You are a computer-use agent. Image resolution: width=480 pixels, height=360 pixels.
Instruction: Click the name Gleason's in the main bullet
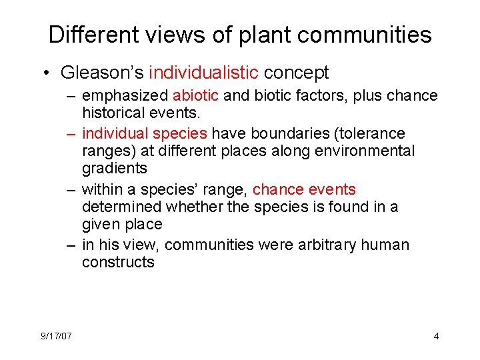point(102,72)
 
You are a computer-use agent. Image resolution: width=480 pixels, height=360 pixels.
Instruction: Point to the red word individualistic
point(203,72)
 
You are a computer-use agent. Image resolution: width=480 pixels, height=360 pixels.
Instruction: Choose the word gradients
point(114,169)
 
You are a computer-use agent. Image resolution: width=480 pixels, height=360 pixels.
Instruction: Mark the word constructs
point(118,262)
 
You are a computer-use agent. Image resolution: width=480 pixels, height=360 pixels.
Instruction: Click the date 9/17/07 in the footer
point(56,335)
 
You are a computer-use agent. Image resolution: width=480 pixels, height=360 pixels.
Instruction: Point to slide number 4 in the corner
point(436,335)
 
